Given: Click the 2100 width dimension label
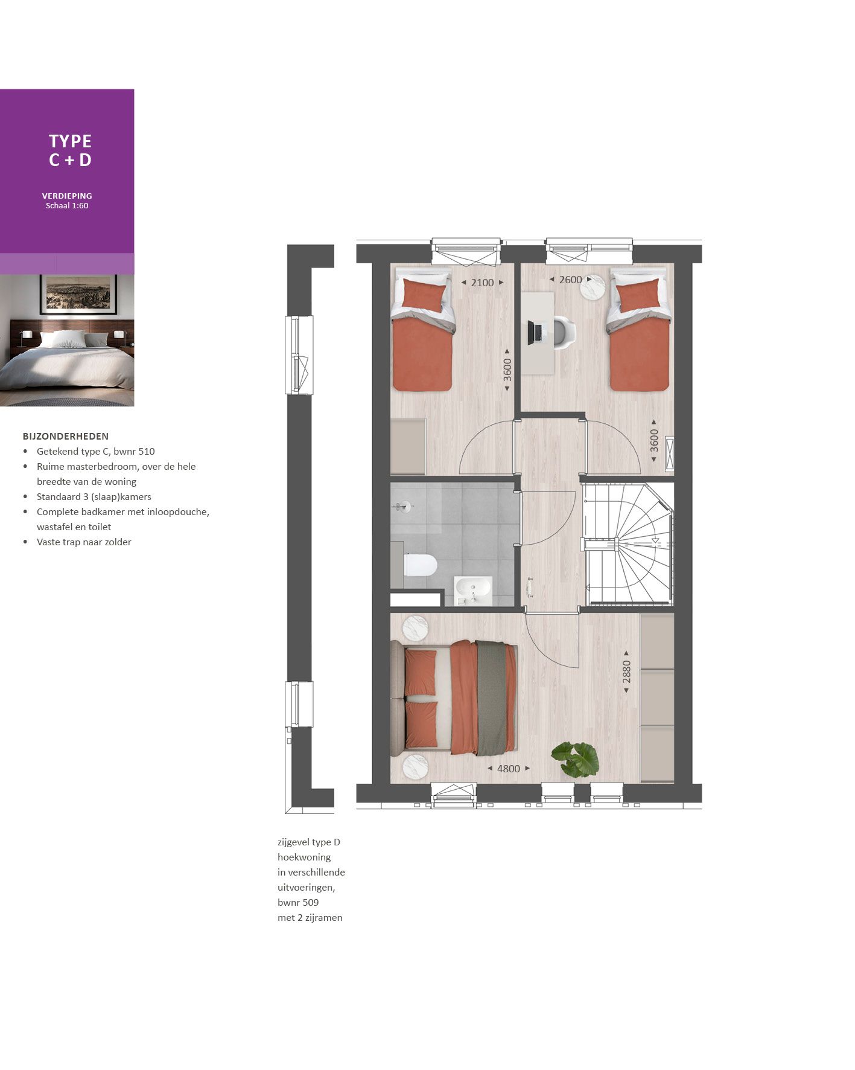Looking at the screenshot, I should coord(482,283).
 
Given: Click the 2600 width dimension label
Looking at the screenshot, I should coord(570,280).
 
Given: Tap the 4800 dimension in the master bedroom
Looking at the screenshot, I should coord(508,769).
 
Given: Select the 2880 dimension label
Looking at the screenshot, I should coord(626,672).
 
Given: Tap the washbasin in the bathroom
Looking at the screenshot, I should coord(473,590).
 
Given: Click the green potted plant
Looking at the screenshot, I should coord(576,759).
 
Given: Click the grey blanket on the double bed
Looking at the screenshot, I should coord(491,697).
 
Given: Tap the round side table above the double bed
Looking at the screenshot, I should coord(415,627).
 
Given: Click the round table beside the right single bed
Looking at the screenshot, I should coord(593,286).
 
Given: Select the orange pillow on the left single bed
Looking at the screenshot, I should coord(424,295).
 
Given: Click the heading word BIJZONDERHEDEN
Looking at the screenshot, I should coord(66,436).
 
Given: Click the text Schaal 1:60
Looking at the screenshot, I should coord(67,206).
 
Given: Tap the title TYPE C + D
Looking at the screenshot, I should coord(70,150).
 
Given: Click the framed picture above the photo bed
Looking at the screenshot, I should coord(78,294).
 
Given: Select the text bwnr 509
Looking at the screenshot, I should coord(298,903).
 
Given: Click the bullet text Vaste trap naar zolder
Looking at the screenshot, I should coord(84,542).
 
